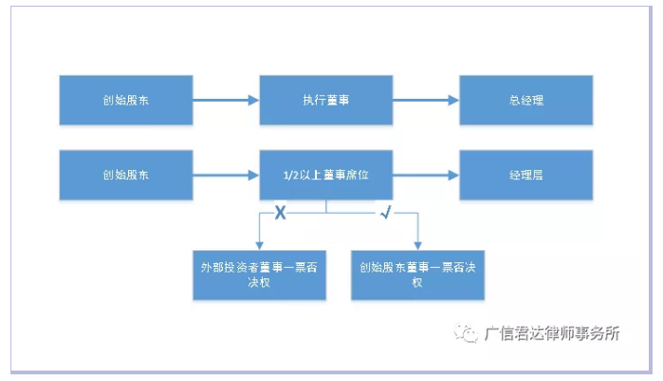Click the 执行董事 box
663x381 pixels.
[x=326, y=99]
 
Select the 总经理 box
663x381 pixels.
[x=525, y=99]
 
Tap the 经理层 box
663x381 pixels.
[x=525, y=175]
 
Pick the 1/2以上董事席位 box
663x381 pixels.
[x=326, y=175]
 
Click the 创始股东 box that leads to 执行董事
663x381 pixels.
[x=126, y=99]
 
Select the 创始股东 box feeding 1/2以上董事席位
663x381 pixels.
[x=126, y=175]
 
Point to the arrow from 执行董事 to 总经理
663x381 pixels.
[x=426, y=99]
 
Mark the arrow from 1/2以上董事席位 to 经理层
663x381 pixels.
[x=426, y=175]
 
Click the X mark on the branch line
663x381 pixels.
[x=281, y=214]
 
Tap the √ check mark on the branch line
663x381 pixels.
[x=385, y=214]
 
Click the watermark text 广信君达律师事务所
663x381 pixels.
[x=551, y=333]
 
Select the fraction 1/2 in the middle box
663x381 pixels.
[x=290, y=176]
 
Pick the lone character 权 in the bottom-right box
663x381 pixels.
[x=417, y=283]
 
